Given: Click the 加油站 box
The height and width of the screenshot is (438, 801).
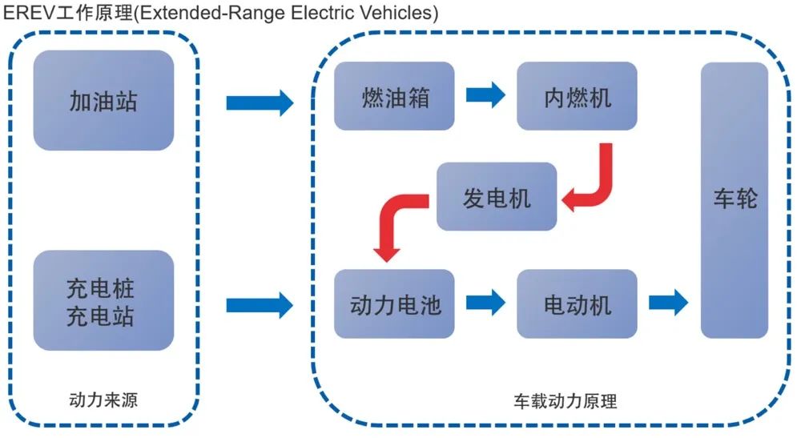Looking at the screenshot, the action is tap(103, 100).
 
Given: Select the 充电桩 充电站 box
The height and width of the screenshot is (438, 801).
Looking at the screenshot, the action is tap(103, 300).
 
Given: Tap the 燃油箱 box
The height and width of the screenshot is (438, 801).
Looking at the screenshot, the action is tap(394, 96).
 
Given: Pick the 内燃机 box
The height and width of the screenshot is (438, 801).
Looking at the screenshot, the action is tap(578, 96).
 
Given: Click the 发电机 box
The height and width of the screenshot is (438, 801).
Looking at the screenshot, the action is tap(497, 196).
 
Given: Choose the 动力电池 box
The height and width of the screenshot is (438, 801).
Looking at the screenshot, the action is tap(394, 303).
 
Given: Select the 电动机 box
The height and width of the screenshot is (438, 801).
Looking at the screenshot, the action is tap(578, 303).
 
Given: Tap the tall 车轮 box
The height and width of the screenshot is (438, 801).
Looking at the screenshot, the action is tap(735, 200).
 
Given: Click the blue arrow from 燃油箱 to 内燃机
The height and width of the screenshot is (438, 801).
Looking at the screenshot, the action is tap(486, 94).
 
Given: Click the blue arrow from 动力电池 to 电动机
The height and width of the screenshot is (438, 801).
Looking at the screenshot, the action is tap(486, 302).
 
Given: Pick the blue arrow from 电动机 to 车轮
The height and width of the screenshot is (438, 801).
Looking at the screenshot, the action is tap(669, 302).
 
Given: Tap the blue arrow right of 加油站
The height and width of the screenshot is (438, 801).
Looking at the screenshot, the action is tap(260, 102).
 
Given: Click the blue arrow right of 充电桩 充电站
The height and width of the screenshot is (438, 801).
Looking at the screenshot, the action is tap(260, 305).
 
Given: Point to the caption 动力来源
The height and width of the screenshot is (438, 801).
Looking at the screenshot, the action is tap(103, 400).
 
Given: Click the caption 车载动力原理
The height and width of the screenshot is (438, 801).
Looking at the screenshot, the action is tap(566, 400).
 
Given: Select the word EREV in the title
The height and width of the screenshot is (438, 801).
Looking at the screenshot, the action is tap(29, 12).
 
